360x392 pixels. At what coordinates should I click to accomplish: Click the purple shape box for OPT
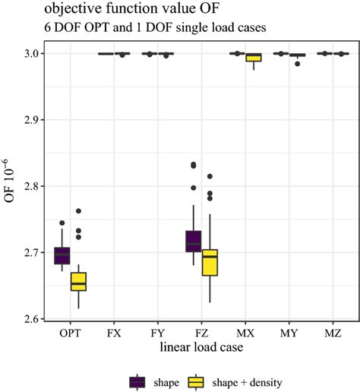point(62,255)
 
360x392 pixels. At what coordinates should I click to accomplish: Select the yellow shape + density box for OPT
point(78,281)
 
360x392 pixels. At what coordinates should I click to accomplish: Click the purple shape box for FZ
point(194,240)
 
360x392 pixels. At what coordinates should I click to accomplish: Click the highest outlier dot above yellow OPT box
point(78,211)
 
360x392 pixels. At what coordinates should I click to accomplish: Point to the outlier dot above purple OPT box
point(62,223)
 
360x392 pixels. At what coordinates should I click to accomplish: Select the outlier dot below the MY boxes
point(298,64)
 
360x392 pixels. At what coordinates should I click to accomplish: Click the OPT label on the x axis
point(70,334)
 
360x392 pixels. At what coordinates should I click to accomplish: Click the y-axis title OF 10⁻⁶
point(10,186)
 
